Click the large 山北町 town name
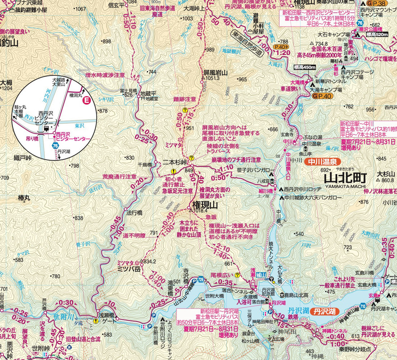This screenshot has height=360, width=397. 345,178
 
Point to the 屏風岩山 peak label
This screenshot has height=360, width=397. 215,73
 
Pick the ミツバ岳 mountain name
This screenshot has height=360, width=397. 128,268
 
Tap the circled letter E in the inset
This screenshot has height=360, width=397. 86,101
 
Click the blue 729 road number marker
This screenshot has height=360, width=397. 200,280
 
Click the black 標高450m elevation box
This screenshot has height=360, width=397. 304,67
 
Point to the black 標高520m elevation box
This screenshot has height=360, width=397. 377,35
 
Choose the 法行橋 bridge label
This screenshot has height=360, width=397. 134,212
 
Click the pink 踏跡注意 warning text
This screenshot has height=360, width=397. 185,99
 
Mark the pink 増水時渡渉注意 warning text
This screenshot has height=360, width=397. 105,75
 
